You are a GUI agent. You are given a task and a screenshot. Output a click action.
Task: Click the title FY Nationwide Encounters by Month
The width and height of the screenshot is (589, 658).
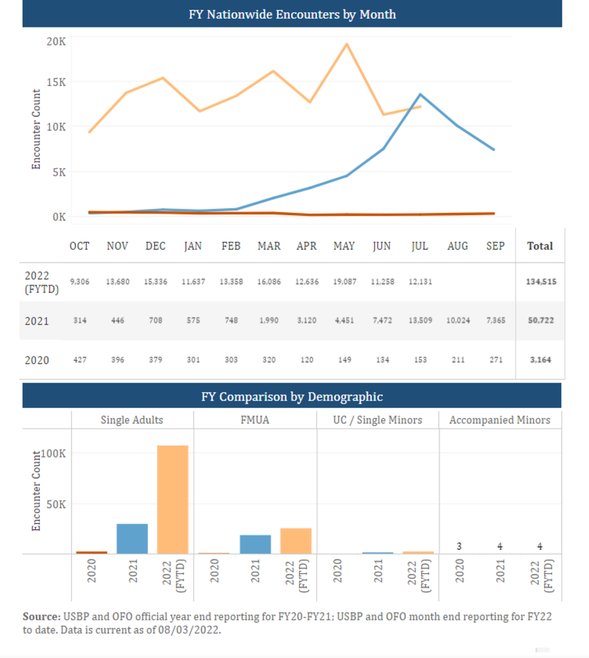click(x=292, y=14)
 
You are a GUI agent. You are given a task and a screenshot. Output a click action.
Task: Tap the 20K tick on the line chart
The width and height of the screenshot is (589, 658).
click(x=56, y=41)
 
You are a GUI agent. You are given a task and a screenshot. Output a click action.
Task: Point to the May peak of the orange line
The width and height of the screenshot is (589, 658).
click(x=346, y=44)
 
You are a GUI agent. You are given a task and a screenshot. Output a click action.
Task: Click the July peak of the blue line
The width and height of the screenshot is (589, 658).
click(x=420, y=94)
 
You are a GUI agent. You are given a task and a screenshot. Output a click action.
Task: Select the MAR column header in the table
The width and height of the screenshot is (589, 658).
click(x=269, y=246)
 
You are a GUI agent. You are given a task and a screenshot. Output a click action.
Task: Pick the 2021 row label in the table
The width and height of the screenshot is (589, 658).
click(x=37, y=321)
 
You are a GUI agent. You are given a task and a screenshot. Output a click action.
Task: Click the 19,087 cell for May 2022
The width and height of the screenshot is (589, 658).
click(x=344, y=282)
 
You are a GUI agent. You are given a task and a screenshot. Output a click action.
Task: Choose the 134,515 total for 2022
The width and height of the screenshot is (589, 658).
click(x=540, y=282)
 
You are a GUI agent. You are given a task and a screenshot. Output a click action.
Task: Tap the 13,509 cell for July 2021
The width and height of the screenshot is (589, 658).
click(x=420, y=321)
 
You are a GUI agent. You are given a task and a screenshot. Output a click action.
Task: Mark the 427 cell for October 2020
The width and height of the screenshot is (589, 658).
click(x=80, y=360)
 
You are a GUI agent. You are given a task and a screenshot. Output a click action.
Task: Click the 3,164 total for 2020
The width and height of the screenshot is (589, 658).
click(x=540, y=360)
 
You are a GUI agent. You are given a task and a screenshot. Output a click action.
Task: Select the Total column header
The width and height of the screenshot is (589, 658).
click(x=540, y=246)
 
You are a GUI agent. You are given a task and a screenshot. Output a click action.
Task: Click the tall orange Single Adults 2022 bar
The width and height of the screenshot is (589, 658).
click(x=172, y=500)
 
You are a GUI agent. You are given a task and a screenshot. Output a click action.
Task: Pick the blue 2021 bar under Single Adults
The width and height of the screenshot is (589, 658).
click(x=132, y=539)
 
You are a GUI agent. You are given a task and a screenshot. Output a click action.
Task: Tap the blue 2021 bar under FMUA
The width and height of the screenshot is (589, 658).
click(x=255, y=544)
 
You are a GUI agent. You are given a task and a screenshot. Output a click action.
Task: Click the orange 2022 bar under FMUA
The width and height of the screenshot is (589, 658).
click(x=296, y=541)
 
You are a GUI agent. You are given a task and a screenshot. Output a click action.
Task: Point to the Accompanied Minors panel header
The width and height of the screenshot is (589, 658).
click(x=499, y=420)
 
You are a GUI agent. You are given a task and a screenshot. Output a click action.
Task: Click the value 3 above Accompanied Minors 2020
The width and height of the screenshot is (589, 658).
click(x=459, y=546)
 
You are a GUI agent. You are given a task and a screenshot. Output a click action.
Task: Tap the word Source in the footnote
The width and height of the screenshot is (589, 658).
click(x=41, y=617)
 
